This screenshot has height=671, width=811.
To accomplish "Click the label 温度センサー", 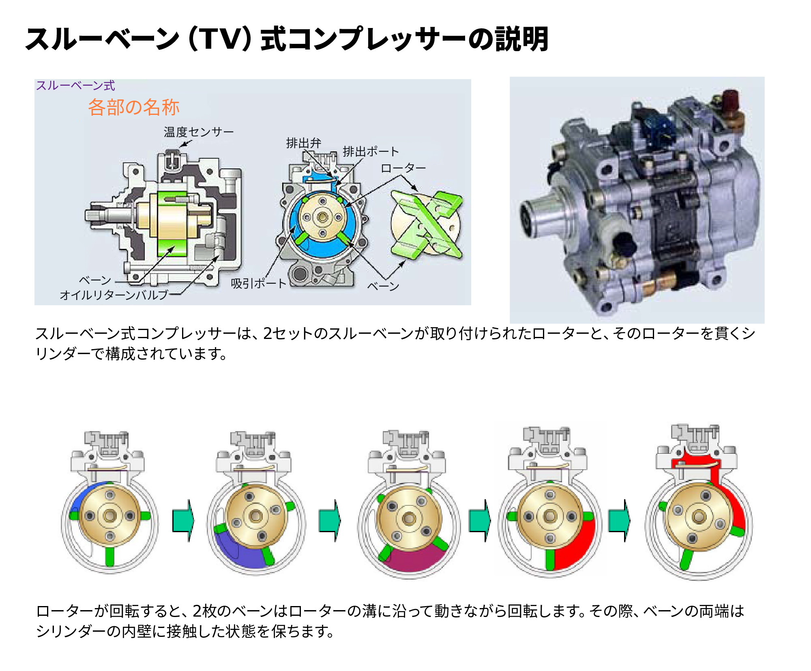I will (x=198, y=132).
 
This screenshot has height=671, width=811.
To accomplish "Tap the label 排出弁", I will (x=303, y=143).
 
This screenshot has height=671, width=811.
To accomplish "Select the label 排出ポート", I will (x=371, y=151).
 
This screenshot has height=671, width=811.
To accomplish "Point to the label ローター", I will (x=403, y=168).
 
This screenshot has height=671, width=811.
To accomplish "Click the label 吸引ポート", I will (x=258, y=283).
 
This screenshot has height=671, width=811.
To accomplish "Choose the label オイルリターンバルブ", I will (x=114, y=295).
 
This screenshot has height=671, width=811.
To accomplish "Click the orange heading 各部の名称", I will (x=133, y=107).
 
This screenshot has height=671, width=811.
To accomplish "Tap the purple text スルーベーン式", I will (x=75, y=86).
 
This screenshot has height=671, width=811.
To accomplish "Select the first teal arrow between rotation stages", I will (x=183, y=520).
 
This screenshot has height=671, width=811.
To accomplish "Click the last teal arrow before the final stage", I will (x=619, y=520).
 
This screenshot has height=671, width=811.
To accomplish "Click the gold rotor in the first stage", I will (x=109, y=516).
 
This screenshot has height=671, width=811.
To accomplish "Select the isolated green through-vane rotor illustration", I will (x=426, y=224).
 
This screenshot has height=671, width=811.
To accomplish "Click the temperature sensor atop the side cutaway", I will (x=173, y=160).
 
